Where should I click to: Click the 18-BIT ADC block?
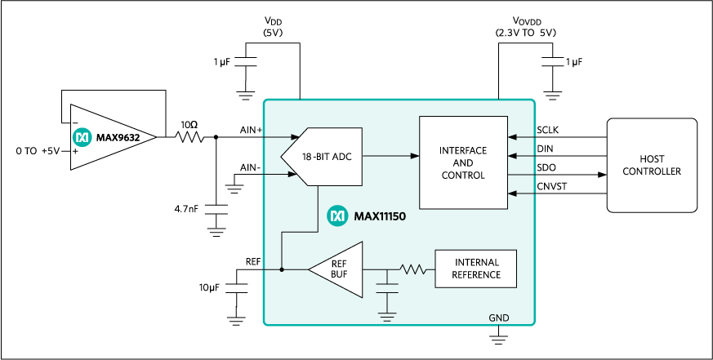click(x=325, y=156)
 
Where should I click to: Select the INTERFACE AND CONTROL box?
click(x=463, y=162)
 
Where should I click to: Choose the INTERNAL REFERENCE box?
click(x=475, y=269)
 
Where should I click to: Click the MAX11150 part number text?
click(x=380, y=217)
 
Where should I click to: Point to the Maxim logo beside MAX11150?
click(x=337, y=216)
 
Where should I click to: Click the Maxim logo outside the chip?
click(x=82, y=137)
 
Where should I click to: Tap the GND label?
click(x=498, y=318)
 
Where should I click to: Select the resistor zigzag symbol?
click(x=414, y=269)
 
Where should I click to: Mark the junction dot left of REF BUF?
click(x=282, y=269)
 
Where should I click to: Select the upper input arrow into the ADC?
click(x=282, y=137)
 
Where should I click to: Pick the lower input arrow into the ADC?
click(x=282, y=174)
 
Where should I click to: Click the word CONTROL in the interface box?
click(x=463, y=176)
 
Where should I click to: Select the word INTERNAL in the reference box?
click(x=475, y=262)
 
